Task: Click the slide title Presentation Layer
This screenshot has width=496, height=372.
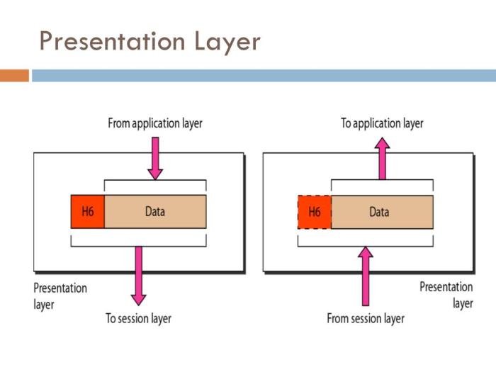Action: point(150,42)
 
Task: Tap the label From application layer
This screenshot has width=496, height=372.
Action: point(154,123)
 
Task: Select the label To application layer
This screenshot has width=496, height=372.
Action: point(382,123)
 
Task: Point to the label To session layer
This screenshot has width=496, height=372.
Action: point(138,319)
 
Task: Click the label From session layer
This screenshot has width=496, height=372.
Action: point(366,319)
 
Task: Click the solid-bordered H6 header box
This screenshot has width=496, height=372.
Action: point(87,211)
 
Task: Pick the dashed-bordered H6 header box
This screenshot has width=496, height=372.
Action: point(315,211)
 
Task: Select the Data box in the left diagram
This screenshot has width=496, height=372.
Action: point(155,211)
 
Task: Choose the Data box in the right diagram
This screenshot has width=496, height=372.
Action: point(382,211)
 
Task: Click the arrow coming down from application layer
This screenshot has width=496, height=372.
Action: point(155,157)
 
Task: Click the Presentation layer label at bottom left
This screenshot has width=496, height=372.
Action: point(60,296)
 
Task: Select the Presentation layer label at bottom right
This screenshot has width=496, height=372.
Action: point(446,295)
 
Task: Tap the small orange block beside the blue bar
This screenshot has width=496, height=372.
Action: point(14,75)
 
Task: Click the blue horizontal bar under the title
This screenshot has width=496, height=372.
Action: point(262,75)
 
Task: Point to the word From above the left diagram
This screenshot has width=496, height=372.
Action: point(119,123)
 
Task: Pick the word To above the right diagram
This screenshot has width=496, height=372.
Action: point(346,123)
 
